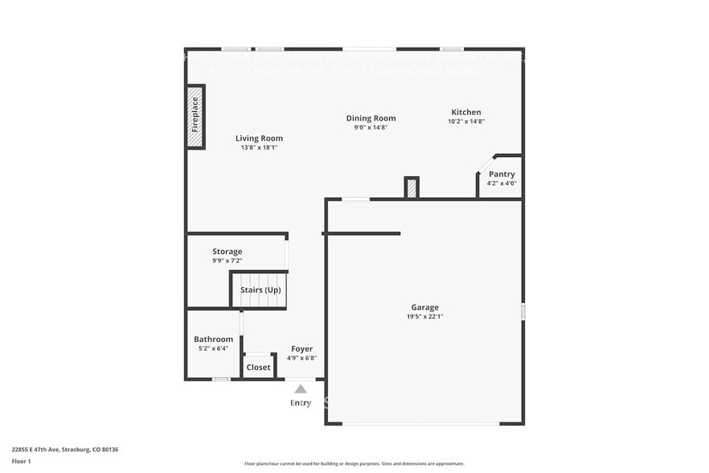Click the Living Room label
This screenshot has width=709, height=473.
point(259,138)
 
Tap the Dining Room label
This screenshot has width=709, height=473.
point(371,118)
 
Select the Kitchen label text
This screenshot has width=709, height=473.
point(466,112)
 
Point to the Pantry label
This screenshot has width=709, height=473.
point(502,174)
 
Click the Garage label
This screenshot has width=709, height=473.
point(425,307)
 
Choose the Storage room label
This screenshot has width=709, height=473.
point(227,252)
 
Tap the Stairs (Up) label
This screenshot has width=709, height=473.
point(260,290)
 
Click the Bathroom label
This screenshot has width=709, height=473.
point(213,339)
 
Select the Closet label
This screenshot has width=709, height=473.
point(258,368)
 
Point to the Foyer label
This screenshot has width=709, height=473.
point(301,349)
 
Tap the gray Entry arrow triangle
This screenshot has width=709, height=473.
point(300,389)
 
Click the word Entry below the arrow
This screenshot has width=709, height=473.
point(300,403)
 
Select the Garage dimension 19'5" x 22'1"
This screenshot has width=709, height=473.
point(425,317)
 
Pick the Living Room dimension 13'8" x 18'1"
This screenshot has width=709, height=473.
point(259,147)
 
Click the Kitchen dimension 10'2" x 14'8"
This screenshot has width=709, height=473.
point(466,121)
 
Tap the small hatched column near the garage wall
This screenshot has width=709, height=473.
point(412,187)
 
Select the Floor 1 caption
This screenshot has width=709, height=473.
point(21,462)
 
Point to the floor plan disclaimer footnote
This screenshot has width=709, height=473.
point(354,463)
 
